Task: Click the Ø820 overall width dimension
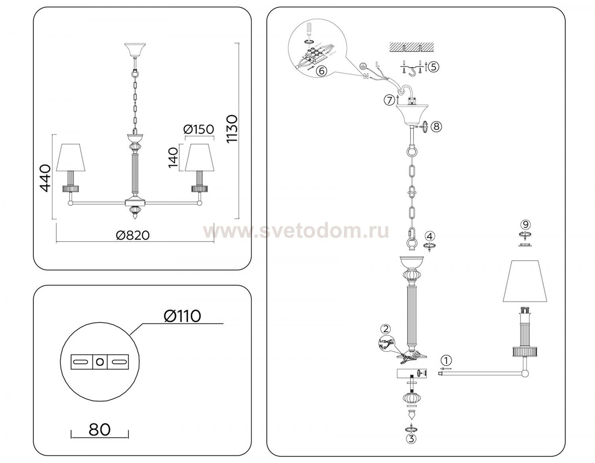[132, 235]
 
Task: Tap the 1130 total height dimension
[232, 129]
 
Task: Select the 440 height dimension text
[45, 178]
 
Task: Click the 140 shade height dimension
[173, 158]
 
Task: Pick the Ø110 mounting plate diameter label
[182, 316]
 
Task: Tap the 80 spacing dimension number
[100, 430]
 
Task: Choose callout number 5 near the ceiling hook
[433, 67]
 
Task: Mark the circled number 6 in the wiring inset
[321, 71]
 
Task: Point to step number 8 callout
[436, 126]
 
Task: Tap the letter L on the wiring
[378, 65]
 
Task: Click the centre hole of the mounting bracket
[100, 362]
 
